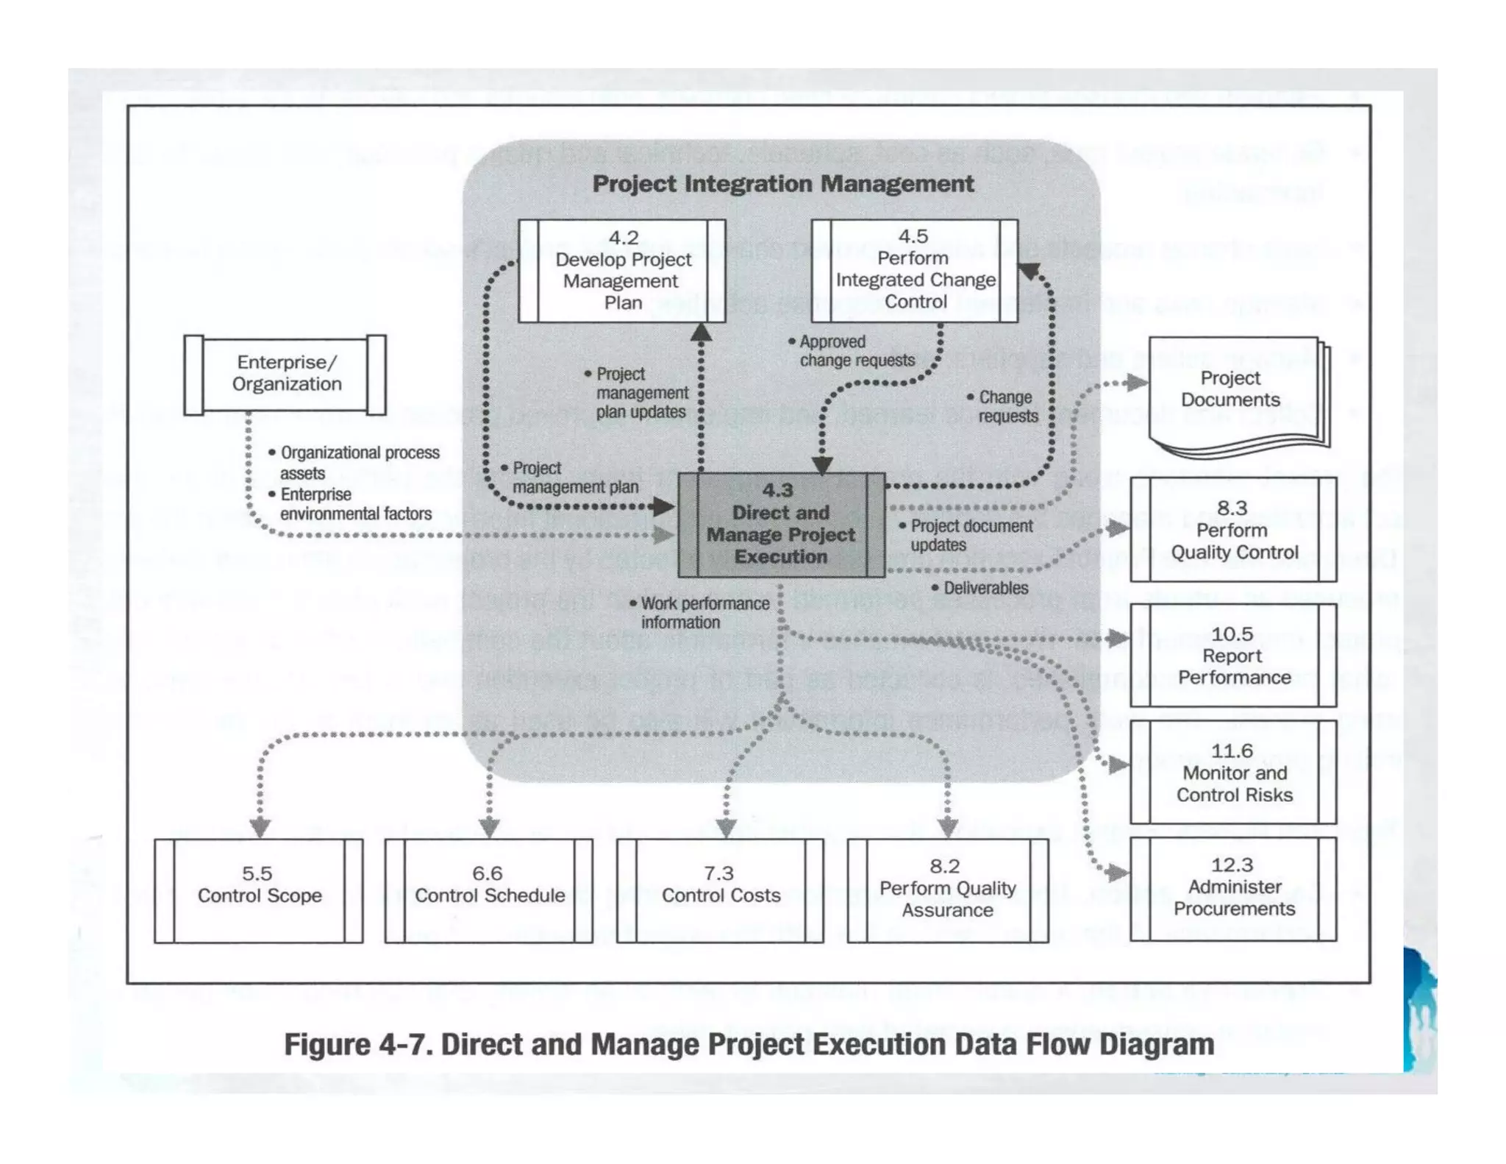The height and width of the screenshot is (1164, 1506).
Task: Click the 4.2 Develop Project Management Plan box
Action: [x=622, y=271]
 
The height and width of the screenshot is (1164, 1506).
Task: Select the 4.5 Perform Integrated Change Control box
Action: [x=914, y=270]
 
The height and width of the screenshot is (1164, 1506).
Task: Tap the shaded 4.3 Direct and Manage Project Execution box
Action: [x=781, y=525]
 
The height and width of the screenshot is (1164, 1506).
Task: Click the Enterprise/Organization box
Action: [x=285, y=374]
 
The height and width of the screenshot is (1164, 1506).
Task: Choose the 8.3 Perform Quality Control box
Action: [x=1233, y=530]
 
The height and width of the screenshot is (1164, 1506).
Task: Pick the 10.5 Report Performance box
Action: [x=1233, y=656]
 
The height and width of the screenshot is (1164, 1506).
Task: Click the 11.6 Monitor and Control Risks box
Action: [x=1233, y=773]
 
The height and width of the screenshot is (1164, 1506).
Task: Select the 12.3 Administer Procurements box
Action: [x=1233, y=887]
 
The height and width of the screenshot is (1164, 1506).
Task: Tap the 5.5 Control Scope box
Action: [x=259, y=890]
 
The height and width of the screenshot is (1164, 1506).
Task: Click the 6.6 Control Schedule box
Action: [x=489, y=890]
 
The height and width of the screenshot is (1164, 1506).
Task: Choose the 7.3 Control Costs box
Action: [x=720, y=890]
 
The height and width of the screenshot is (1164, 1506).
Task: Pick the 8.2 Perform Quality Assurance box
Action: [x=948, y=890]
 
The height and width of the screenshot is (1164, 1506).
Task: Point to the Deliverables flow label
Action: [x=985, y=588]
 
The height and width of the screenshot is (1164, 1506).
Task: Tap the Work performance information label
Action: [x=704, y=612]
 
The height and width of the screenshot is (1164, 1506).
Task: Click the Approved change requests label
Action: [x=856, y=351]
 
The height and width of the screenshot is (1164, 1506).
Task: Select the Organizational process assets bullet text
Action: [x=359, y=462]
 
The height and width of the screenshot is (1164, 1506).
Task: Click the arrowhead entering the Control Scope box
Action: [x=260, y=828]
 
